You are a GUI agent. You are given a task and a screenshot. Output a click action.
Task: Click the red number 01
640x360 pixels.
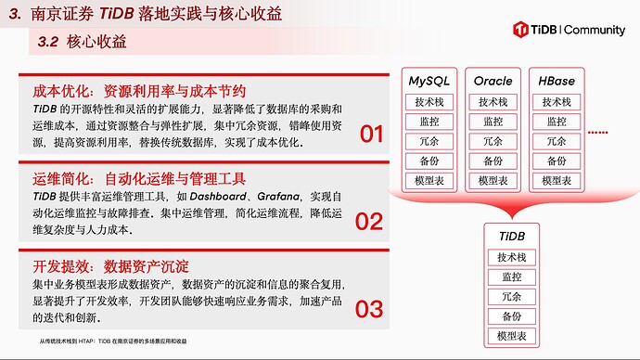click(x=371, y=135)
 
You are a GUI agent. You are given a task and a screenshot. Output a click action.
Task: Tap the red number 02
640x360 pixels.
click(x=369, y=222)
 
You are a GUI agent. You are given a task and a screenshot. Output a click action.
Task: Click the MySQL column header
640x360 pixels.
click(x=430, y=82)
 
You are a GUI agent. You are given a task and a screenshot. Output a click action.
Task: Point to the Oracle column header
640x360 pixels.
click(x=493, y=82)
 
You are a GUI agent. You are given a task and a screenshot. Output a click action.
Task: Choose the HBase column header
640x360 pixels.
click(x=556, y=82)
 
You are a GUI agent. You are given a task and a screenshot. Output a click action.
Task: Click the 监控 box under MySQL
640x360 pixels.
click(x=429, y=122)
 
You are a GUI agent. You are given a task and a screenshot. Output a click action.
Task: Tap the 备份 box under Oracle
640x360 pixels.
click(x=493, y=161)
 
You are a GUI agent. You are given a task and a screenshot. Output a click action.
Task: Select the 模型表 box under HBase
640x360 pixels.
click(x=557, y=180)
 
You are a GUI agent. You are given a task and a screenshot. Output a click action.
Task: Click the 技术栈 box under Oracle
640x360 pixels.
click(x=493, y=102)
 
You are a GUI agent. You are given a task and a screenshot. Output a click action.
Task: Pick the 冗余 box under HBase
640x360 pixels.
click(x=557, y=141)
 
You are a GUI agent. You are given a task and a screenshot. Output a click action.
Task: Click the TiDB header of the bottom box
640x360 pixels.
click(x=512, y=238)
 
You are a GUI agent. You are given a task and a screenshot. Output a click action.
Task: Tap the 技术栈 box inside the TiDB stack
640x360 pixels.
click(x=512, y=257)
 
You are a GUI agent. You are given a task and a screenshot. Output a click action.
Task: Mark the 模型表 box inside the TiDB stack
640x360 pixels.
click(x=512, y=335)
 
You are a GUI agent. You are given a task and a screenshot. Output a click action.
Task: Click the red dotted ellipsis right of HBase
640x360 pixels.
click(x=597, y=133)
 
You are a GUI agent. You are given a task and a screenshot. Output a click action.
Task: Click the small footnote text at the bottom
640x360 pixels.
click(x=113, y=341)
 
